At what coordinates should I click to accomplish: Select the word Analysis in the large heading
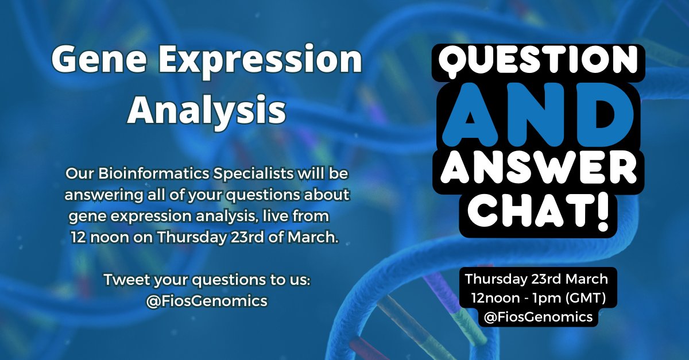tap(206, 110)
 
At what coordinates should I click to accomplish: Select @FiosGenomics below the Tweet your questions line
tap(207, 301)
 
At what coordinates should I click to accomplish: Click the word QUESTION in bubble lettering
tap(537, 60)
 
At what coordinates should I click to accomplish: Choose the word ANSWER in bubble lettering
tap(537, 169)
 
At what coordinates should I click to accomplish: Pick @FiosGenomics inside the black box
tap(538, 317)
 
